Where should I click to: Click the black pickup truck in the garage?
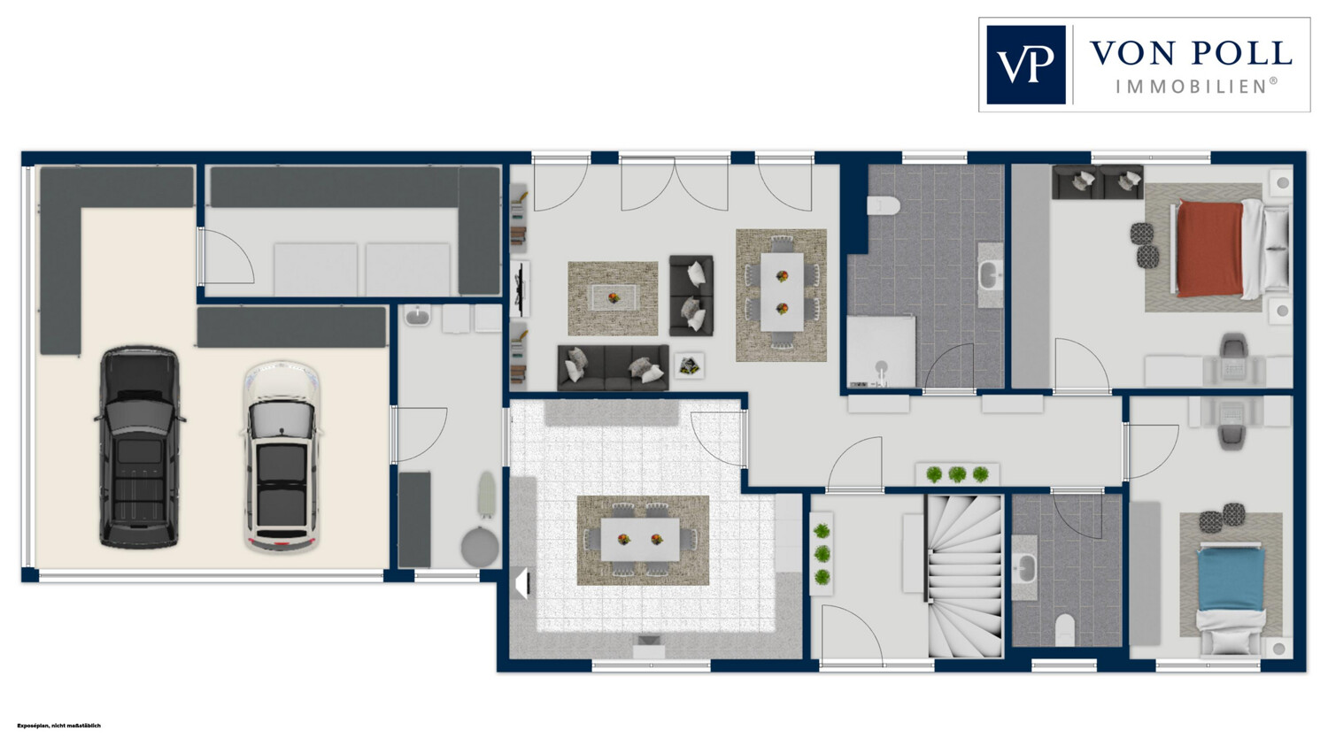(x=139, y=448)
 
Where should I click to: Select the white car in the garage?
(x=282, y=457)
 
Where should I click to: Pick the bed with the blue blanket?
(x=1231, y=598)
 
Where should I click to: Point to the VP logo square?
(x=1025, y=65)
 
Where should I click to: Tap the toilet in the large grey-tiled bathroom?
(x=884, y=205)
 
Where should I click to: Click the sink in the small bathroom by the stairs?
(x=1025, y=568)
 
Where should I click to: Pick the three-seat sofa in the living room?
(x=613, y=367)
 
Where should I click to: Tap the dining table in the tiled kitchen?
(x=640, y=539)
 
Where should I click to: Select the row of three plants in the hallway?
(x=957, y=474)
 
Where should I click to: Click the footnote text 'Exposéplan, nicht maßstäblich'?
(x=59, y=726)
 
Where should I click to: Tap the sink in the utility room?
(x=419, y=317)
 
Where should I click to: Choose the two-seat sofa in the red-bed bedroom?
(x=1098, y=182)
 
